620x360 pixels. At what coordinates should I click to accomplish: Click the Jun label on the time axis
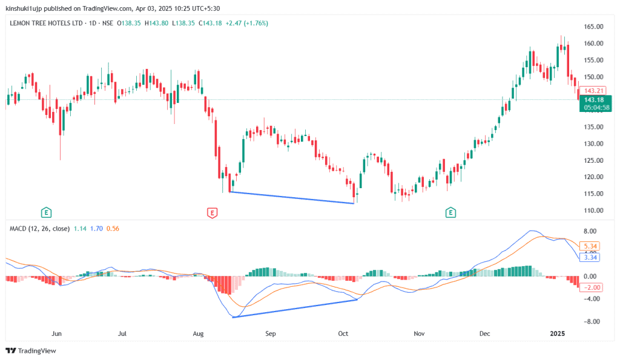(x=57, y=333)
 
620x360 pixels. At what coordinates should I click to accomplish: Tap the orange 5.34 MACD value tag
(x=589, y=246)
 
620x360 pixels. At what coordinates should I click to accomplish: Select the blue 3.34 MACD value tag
(x=589, y=258)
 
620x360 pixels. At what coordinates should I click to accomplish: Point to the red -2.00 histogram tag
(x=590, y=287)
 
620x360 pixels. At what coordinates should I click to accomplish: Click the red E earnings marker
(x=212, y=212)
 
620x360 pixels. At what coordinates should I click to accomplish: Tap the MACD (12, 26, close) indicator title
(x=39, y=228)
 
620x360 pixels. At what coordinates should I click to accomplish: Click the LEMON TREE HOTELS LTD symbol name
(x=47, y=23)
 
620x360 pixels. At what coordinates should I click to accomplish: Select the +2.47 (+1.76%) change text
(x=247, y=23)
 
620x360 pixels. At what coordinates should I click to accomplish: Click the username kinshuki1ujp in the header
(x=25, y=8)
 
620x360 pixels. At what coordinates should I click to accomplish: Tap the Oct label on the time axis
(x=343, y=333)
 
